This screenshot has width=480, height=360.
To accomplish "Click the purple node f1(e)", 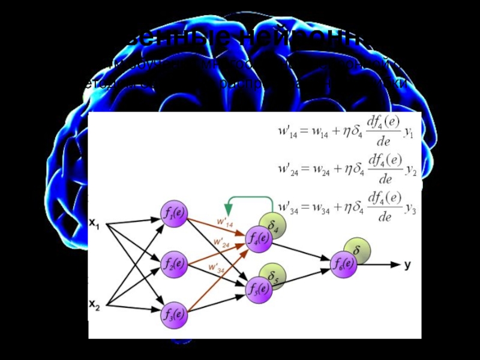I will pyautogui.click(x=173, y=213).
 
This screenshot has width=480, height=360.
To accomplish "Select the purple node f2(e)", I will pyautogui.click(x=173, y=264).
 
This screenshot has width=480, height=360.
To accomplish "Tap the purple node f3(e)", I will pyautogui.click(x=173, y=314).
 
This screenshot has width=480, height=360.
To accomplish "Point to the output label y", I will pyautogui.click(x=407, y=265).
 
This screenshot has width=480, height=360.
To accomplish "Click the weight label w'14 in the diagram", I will pyautogui.click(x=224, y=224).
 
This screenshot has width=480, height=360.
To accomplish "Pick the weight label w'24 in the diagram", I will pyautogui.click(x=221, y=243).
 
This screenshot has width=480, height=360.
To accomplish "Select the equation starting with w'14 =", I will pyautogui.click(x=344, y=131).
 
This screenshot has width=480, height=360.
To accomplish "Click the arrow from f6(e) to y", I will pyautogui.click(x=378, y=265).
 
